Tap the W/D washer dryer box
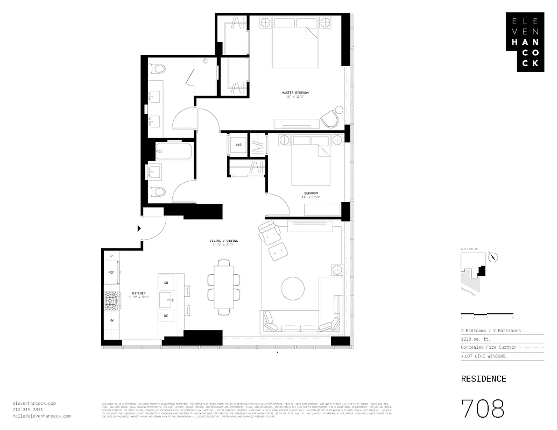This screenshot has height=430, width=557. (237, 145)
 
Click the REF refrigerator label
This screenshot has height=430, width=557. (111, 273)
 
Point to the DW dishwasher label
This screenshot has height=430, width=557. (166, 282)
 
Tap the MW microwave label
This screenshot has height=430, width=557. (111, 320)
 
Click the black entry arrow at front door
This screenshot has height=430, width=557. (139, 228)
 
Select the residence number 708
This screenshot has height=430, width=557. (483, 408)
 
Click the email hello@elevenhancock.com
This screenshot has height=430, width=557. (41, 416)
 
